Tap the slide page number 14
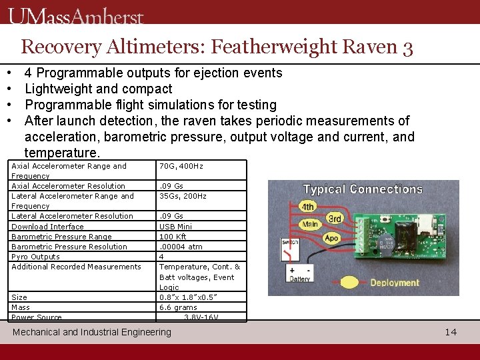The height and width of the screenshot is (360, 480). coord(451,331)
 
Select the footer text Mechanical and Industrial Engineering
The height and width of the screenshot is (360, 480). coord(92,331)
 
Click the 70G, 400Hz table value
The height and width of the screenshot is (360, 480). coord(181,166)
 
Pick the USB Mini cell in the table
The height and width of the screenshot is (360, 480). coord(175,226)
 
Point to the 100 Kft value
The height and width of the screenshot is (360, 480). coord(173,236)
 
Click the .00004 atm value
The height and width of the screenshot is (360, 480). coord(180,246)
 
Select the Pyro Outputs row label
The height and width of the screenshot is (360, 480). coord(35,257)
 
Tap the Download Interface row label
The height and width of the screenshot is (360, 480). coord(47,226)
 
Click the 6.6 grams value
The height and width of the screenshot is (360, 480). coord(178,307)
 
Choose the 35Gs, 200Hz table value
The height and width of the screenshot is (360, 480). coord(183,196)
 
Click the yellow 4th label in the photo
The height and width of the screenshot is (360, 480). coord(307,207)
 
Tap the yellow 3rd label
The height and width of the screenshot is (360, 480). coord(335,219)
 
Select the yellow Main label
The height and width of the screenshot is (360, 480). coord(309,225)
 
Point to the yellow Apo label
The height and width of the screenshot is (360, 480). coord(331,237)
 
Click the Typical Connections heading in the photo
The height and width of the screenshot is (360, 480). coord(363,189)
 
